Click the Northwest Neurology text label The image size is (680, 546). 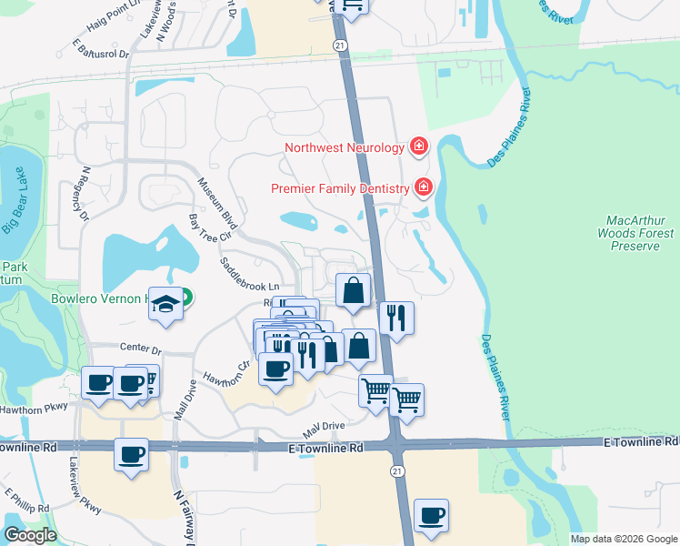(x=344, y=147)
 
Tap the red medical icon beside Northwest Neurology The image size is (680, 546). (x=419, y=146)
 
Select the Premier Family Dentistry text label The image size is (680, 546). (x=341, y=188)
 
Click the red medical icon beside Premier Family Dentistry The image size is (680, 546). (x=423, y=187)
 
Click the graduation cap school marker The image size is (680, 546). (x=165, y=304)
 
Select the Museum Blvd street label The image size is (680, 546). (x=218, y=204)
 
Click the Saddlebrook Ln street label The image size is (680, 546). (x=248, y=273)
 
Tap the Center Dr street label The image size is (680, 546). (x=141, y=348)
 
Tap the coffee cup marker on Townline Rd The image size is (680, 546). (x=132, y=452)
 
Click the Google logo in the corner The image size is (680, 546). (x=30, y=535)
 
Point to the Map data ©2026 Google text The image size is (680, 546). (x=622, y=539)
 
